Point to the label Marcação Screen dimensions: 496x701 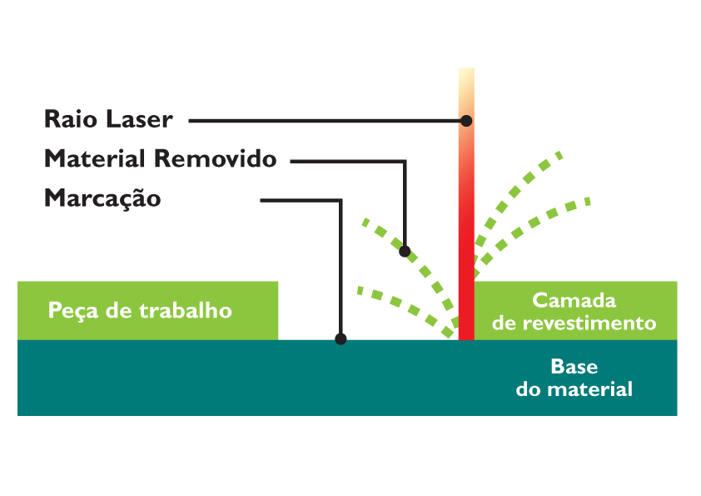[x=102, y=200]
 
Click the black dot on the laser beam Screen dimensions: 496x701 [x=466, y=121]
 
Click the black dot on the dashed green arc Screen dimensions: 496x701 [x=405, y=251]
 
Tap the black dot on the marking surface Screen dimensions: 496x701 [x=341, y=338]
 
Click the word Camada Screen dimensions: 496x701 [x=574, y=300]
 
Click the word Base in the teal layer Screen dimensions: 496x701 [x=574, y=367]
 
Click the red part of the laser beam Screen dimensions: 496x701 [x=466, y=250]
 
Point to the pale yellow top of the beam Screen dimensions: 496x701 [x=466, y=77]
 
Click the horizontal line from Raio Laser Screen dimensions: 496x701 [x=325, y=121]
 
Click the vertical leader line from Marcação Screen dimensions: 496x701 [x=341, y=267]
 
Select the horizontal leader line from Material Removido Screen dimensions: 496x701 [x=346, y=161]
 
